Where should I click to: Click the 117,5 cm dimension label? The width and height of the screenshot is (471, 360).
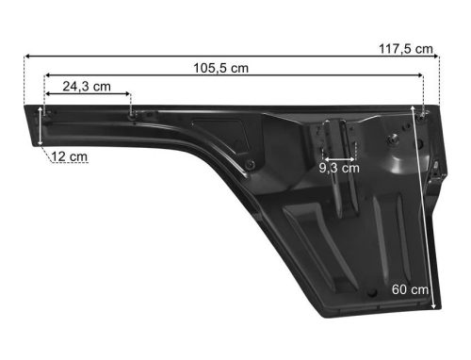click(x=406, y=49)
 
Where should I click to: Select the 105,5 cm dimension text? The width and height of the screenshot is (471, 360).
click(x=220, y=68)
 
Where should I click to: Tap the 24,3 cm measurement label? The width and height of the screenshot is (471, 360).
click(x=87, y=87)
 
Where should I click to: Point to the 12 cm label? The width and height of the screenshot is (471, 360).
click(x=69, y=156)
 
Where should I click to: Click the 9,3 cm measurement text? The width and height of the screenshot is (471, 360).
click(x=339, y=168)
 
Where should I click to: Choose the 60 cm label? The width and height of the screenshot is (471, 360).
click(x=410, y=289)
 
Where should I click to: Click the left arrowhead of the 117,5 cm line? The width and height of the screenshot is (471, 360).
click(x=26, y=57)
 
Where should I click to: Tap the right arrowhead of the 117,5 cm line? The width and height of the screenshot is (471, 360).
click(x=436, y=57)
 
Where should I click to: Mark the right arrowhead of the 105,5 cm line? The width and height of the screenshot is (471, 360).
click(x=420, y=75)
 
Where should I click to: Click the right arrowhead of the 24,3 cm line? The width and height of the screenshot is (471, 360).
click(x=127, y=93)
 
